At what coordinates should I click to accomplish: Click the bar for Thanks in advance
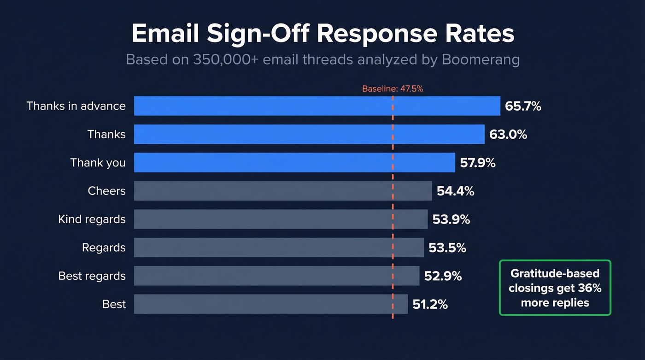point(317,106)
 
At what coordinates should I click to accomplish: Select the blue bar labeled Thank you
point(294,163)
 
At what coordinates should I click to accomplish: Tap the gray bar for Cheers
point(283,191)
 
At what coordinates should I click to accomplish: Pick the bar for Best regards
point(276,276)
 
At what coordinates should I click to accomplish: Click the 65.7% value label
point(523,106)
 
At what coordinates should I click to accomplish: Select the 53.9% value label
point(451,219)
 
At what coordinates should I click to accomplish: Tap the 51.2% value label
point(430,304)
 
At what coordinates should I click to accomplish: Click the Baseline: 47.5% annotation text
point(393,89)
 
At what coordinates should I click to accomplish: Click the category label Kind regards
point(92,219)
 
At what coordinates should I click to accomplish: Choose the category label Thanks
point(106,135)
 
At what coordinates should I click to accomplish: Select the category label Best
point(114,304)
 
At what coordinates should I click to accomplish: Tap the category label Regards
point(104,248)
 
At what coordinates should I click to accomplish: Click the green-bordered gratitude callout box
point(555,288)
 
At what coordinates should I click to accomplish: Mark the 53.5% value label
point(447,248)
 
